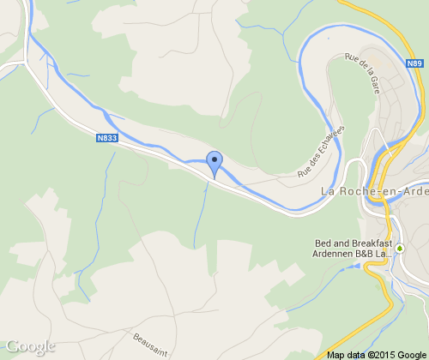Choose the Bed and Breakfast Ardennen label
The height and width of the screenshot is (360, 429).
[x=353, y=248]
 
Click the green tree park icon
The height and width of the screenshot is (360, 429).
[x=399, y=248]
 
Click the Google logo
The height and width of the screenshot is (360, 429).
[x=30, y=346]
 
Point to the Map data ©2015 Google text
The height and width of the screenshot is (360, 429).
[x=375, y=354]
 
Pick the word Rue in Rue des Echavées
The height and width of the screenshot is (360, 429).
[x=303, y=173]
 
